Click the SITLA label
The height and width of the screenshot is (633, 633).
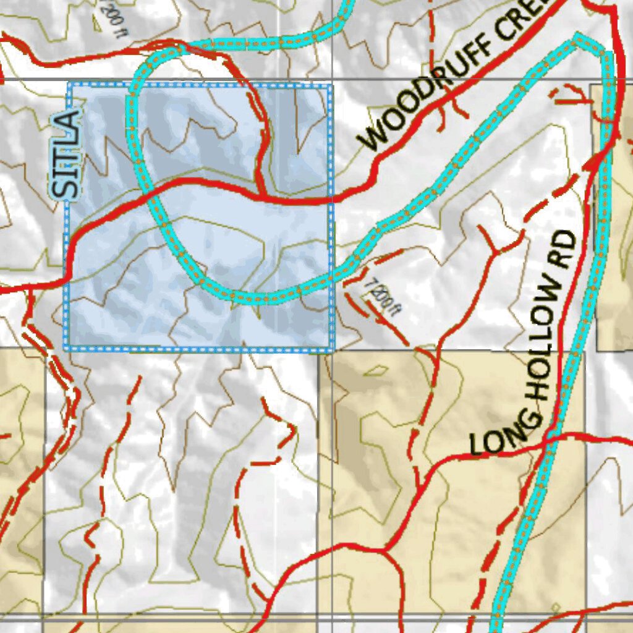click(66, 155)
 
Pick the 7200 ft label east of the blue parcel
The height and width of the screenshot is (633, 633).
click(381, 295)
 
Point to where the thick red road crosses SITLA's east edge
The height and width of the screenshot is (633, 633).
click(330, 200)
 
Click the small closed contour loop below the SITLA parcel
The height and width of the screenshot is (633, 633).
click(375, 371)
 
